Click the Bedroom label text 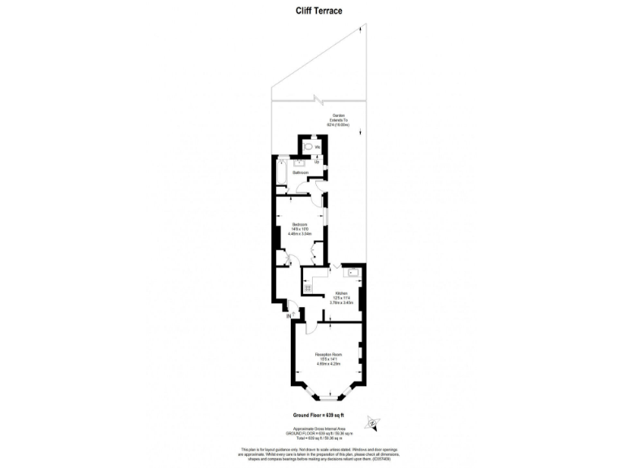300,223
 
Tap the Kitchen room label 341,292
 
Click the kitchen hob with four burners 309,285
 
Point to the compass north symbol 373,422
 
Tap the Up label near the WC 316,162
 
